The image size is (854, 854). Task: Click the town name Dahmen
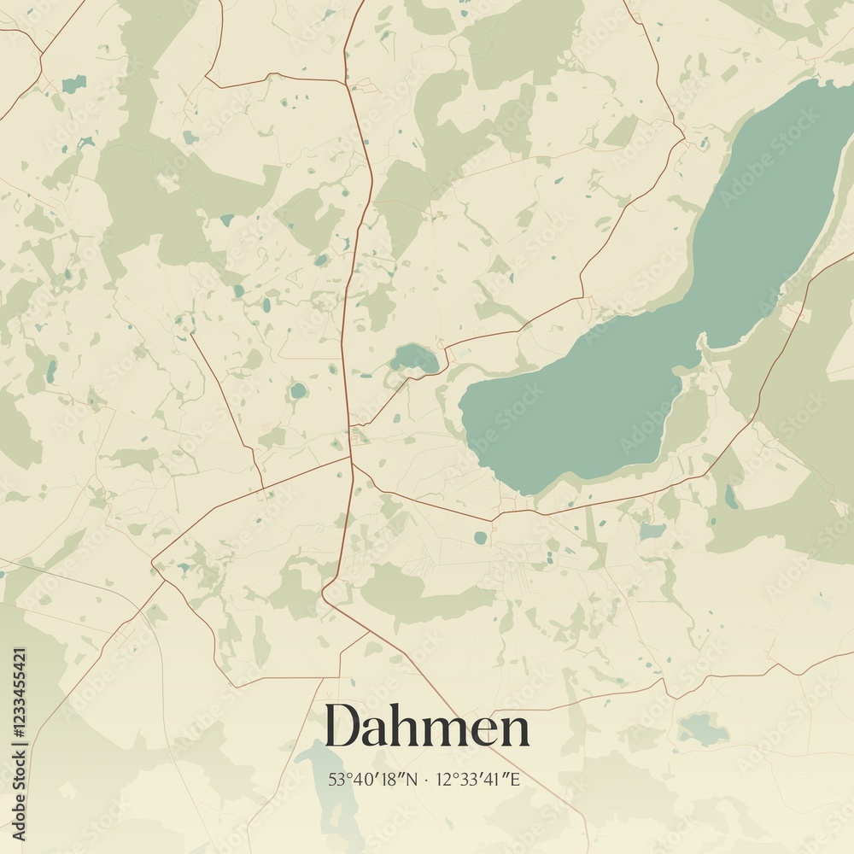pyautogui.click(x=426, y=728)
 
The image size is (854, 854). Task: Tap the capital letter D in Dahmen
pyautogui.click(x=342, y=727)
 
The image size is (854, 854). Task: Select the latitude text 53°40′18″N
pyautogui.click(x=373, y=779)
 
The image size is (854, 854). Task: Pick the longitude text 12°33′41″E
pyautogui.click(x=477, y=779)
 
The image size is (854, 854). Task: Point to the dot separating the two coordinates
pyautogui.click(x=426, y=780)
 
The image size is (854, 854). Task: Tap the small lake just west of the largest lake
pyautogui.click(x=415, y=357)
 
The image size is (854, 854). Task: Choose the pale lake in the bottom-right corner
pyautogui.click(x=703, y=728)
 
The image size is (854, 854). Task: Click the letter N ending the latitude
pyautogui.click(x=413, y=779)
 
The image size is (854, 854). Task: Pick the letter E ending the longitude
pyautogui.click(x=516, y=779)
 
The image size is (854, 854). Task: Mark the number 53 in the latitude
pyautogui.click(x=335, y=779)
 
